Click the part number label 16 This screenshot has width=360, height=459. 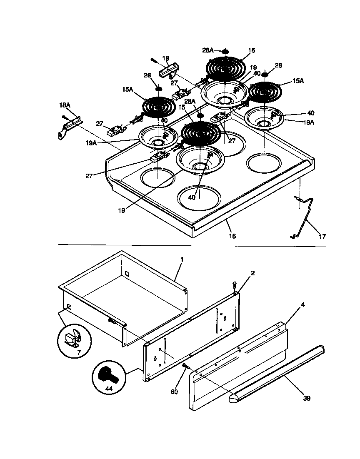[232, 236]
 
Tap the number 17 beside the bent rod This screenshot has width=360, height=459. [322, 237]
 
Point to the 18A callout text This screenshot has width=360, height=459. [65, 106]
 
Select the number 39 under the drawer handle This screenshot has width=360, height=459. [306, 398]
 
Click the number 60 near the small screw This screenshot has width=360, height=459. [174, 392]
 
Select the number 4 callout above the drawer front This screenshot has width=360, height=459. [303, 304]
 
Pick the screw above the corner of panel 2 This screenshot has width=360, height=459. [235, 284]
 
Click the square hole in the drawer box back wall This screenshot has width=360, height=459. [127, 274]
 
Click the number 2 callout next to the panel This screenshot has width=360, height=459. [252, 273]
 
